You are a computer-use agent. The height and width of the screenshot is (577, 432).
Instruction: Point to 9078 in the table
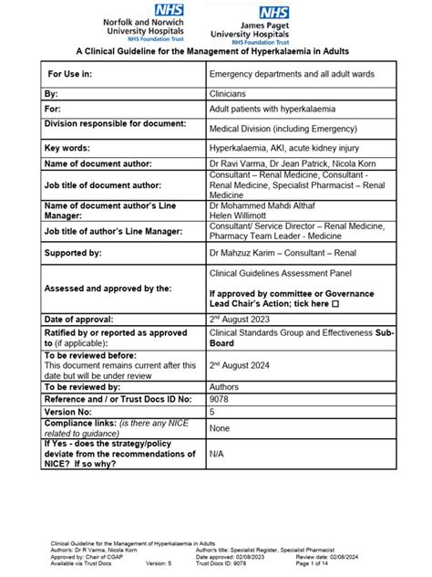coord(220,399)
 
